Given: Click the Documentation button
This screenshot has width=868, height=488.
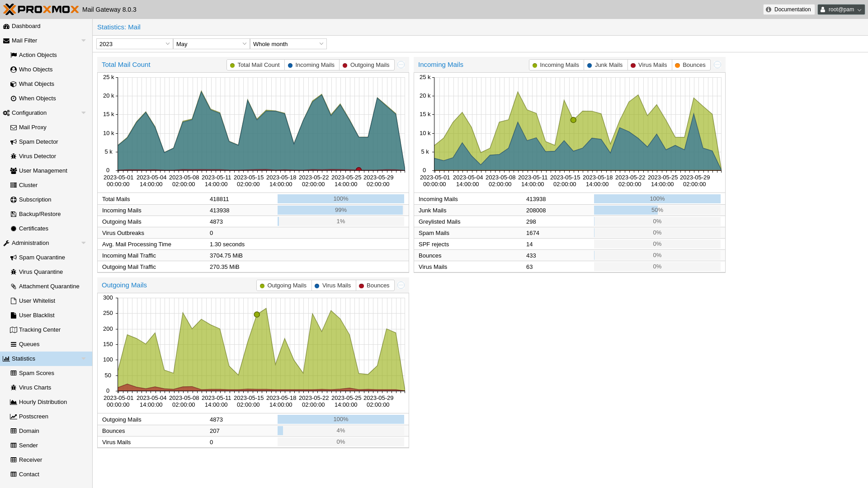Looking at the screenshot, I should pyautogui.click(x=789, y=9).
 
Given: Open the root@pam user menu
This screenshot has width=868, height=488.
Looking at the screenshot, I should pyautogui.click(x=841, y=9).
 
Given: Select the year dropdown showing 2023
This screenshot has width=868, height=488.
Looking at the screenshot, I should pyautogui.click(x=134, y=44).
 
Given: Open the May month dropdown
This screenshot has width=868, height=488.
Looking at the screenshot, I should pyautogui.click(x=211, y=44).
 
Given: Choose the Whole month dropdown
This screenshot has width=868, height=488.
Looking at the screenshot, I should pyautogui.click(x=288, y=44).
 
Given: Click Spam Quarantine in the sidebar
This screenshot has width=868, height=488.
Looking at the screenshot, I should pyautogui.click(x=42, y=258).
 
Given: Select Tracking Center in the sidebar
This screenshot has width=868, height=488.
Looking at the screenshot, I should pyautogui.click(x=39, y=330).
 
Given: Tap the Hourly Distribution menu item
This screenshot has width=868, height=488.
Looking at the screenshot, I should pyautogui.click(x=42, y=402).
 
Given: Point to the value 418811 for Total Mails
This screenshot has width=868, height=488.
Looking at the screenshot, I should pyautogui.click(x=219, y=199).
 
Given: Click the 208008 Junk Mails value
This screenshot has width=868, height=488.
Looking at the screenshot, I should pyautogui.click(x=536, y=211).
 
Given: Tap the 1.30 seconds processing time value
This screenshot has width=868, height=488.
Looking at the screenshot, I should pyautogui.click(x=227, y=244).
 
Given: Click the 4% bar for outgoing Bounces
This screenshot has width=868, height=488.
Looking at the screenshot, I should pyautogui.click(x=340, y=431).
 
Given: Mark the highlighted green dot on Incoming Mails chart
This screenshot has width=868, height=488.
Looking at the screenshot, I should pyautogui.click(x=573, y=120).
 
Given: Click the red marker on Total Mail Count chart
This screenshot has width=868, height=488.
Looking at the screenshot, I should pyautogui.click(x=359, y=170).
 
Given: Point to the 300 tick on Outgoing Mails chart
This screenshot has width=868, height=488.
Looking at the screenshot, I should pyautogui.click(x=108, y=298).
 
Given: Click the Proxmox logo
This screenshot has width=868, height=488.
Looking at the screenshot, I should pyautogui.click(x=41, y=9).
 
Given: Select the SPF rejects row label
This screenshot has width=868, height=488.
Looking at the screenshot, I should pyautogui.click(x=434, y=244).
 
